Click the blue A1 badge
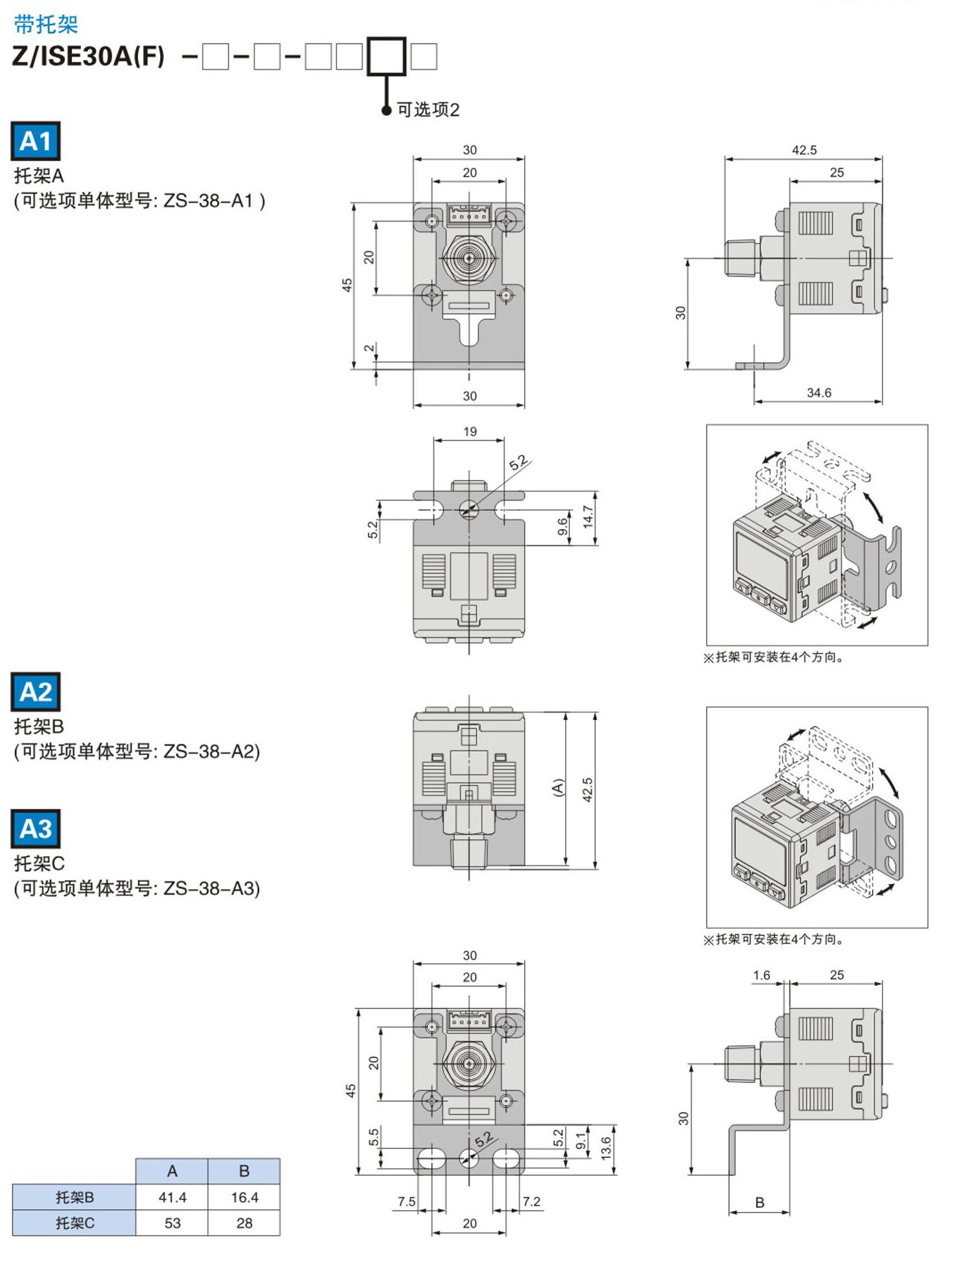(x=36, y=141)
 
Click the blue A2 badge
(x=36, y=692)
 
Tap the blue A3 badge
(x=36, y=828)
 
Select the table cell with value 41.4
(x=172, y=1197)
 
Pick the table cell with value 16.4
(x=244, y=1197)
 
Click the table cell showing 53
(x=172, y=1223)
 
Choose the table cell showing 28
(x=244, y=1223)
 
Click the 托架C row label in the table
(x=75, y=1223)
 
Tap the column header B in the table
(x=244, y=1171)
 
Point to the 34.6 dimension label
(x=819, y=392)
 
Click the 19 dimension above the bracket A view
(x=470, y=431)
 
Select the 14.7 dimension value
(x=588, y=517)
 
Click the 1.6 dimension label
(x=761, y=975)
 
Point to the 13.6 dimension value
(x=606, y=1148)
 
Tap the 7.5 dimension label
(x=407, y=1201)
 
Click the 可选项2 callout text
(x=428, y=110)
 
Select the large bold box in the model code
(x=387, y=56)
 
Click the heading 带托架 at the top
(x=45, y=25)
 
